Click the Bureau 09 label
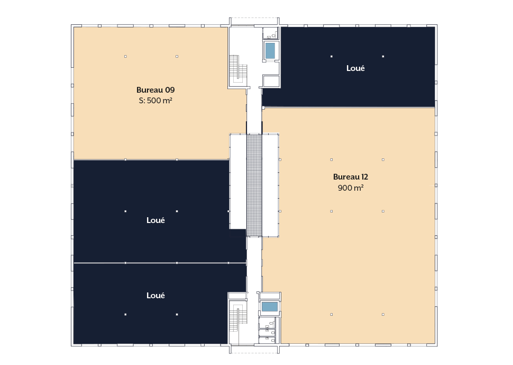pos(155,90)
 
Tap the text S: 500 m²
pos(155,101)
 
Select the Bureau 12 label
pos(351,177)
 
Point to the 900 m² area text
pos(351,188)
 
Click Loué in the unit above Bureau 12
pos(355,68)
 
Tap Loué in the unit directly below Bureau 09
pos(155,220)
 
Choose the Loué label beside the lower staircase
pos(155,296)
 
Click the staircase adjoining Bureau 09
pos(238,69)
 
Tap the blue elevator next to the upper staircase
pos(270,51)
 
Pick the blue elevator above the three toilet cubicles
pos(270,307)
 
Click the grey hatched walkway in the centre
pos(254,185)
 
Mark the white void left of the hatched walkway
pos(238,181)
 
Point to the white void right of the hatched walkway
pos(270,185)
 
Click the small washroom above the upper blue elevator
pos(271,33)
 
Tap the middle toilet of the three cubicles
pos(268,332)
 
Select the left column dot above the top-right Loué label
pos(332,56)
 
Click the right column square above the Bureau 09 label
pos(177,56)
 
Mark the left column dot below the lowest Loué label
pos(125,315)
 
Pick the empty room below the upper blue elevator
pos(271,81)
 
